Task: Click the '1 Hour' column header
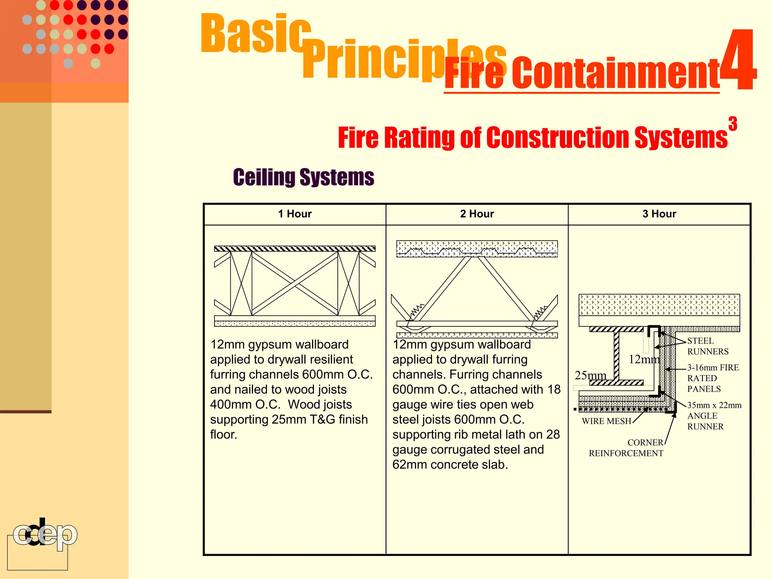295,214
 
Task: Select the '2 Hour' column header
477,214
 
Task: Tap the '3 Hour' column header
659,214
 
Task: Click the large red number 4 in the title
739,60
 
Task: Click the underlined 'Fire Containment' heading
582,74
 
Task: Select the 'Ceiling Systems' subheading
303,177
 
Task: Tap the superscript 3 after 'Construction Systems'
732,124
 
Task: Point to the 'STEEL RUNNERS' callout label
707,346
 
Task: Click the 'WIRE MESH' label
606,421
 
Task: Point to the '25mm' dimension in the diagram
590,375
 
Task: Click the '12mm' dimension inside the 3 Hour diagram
643,359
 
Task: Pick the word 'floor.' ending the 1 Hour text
224,435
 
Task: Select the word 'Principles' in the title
403,60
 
